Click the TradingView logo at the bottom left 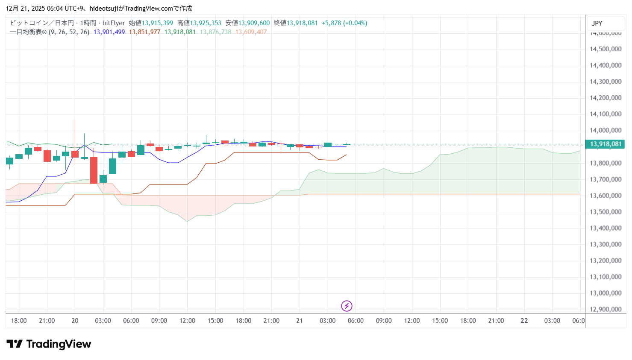coord(49,344)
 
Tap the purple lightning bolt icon coord(347,306)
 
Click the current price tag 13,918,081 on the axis coord(605,144)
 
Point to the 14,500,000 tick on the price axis coord(605,49)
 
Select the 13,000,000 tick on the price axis coord(605,293)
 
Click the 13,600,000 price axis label coord(605,196)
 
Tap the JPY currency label coord(597,23)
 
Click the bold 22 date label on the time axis coord(524,321)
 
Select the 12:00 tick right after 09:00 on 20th coord(187,321)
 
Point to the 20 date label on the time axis coord(75,321)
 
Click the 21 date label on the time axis coord(299,321)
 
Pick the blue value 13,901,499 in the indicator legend coord(109,32)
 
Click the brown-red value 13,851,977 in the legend coord(144,32)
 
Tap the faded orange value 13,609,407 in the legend coord(251,32)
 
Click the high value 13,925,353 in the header coord(206,23)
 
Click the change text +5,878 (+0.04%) coord(344,23)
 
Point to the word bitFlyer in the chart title coord(114,23)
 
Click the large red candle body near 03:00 coord(94,170)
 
